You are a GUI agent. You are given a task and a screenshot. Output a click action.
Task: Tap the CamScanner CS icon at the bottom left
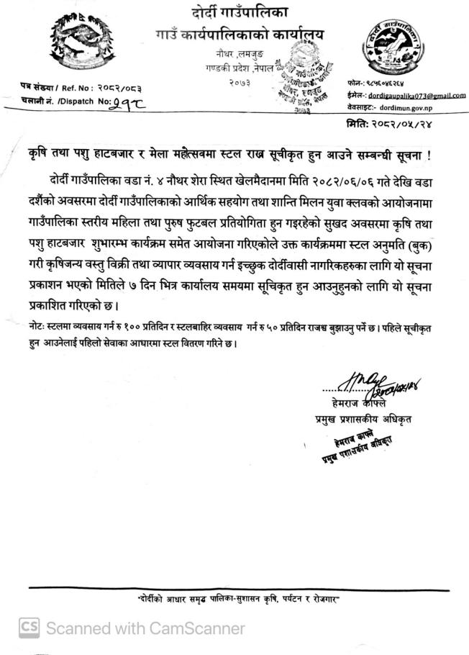pos(29,628)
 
